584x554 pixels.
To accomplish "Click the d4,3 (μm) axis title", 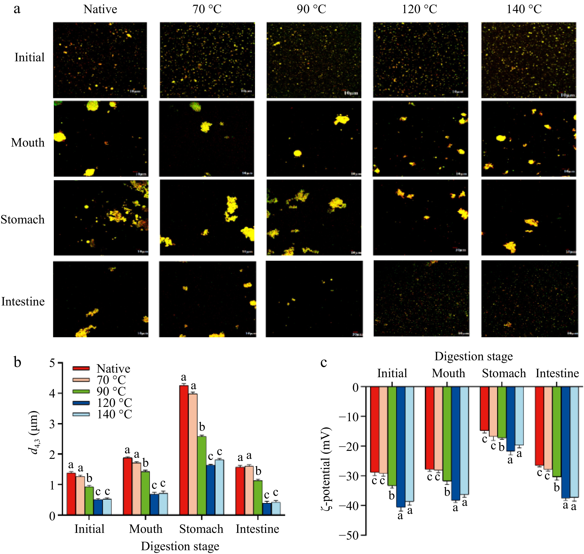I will pyautogui.click(x=35, y=432).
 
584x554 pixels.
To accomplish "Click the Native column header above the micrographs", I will pyautogui.click(x=100, y=10).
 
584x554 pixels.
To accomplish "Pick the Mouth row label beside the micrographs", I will pyautogui.click(x=28, y=143).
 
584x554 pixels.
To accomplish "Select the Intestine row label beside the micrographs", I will pyautogui.click(x=23, y=301).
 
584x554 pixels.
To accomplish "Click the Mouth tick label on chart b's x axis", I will pyautogui.click(x=146, y=529).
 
